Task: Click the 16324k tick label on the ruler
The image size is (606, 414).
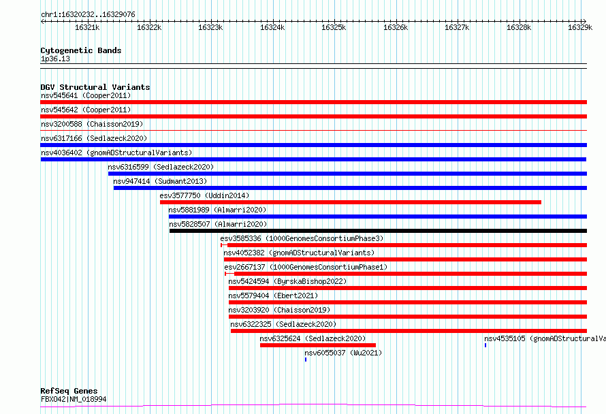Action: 272,27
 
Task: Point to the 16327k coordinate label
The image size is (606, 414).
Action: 457,27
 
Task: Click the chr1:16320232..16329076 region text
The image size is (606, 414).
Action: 88,15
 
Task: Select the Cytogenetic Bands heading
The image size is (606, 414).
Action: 81,50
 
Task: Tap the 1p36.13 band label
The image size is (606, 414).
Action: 55,59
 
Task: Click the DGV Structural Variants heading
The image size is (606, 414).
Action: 95,87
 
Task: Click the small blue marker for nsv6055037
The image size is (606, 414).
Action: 306,360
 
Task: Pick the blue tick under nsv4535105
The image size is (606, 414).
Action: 485,345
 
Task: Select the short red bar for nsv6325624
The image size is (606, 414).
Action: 318,345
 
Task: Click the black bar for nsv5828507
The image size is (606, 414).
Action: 378,231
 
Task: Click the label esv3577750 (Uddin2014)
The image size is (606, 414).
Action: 204,195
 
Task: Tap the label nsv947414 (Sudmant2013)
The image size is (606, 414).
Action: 160,181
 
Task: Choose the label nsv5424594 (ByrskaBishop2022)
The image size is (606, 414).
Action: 287,281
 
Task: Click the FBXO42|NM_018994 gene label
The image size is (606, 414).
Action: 74,399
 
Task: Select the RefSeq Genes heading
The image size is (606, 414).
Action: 69,391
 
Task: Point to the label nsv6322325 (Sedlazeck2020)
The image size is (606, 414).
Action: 283,324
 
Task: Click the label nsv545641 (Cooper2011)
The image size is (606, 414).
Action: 86,95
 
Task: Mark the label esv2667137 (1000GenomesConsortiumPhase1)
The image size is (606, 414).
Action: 306,267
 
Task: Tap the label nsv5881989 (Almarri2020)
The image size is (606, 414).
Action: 218,210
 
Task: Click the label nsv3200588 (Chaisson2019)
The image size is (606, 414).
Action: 92,124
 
